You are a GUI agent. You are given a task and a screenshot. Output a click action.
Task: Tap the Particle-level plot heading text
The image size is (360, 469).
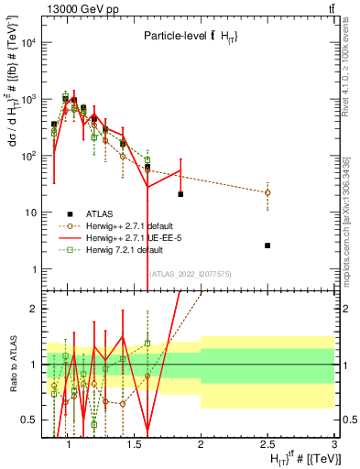184,37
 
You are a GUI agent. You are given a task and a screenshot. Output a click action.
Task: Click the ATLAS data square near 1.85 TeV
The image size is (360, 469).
180,194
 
